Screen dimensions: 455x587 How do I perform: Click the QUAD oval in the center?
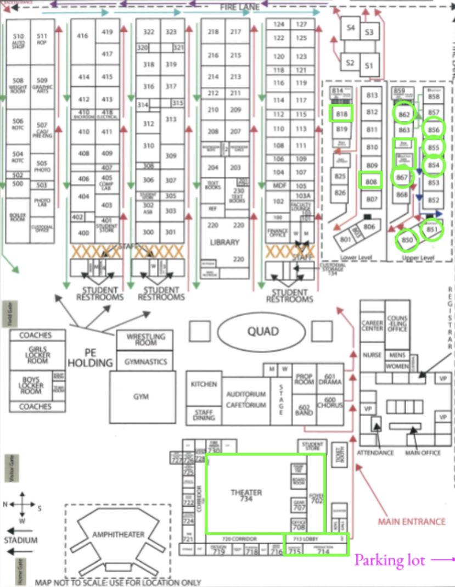pos(261,331)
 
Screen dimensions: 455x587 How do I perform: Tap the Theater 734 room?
pos(246,495)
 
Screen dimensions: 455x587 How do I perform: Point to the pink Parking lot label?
pos(390,560)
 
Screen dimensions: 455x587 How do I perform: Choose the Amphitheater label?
pos(119,534)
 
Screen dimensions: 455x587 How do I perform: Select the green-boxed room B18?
pos(342,114)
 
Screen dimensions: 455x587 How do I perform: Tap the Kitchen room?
pos(204,384)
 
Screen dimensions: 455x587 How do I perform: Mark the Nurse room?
pos(372,355)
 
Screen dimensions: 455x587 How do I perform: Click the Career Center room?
pos(372,325)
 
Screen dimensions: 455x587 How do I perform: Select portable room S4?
pos(350,28)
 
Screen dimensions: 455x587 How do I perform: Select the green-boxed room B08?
pos(372,181)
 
